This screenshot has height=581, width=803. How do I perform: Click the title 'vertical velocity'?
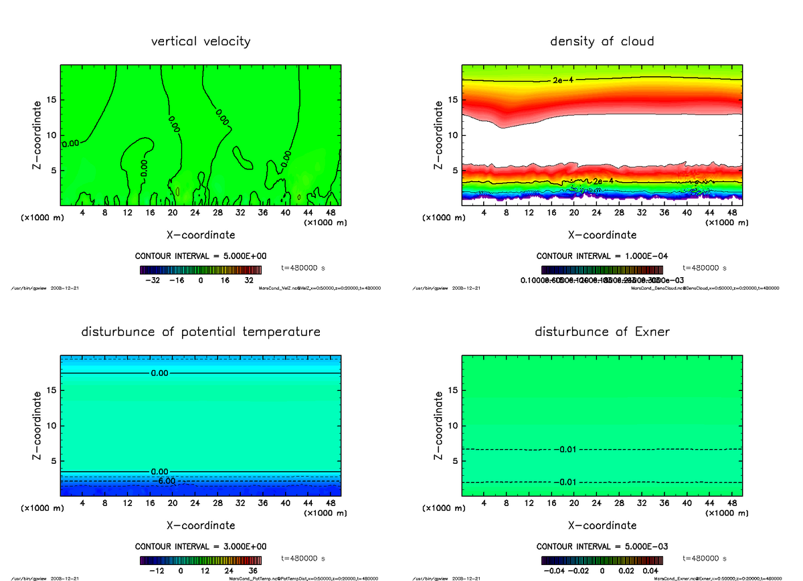[x=201, y=41]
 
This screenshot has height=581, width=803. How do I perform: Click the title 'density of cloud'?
[x=602, y=41]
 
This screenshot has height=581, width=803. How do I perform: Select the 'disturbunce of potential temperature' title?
[x=201, y=332]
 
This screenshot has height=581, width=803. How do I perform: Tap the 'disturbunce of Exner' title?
[x=602, y=332]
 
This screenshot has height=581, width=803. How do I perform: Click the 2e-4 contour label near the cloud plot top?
[x=563, y=80]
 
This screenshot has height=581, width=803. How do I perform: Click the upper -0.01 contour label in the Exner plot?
[x=567, y=449]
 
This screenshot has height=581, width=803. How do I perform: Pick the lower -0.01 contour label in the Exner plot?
[x=567, y=482]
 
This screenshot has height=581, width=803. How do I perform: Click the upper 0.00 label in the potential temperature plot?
[x=159, y=373]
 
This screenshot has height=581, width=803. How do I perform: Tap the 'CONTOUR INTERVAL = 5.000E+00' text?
[x=201, y=256]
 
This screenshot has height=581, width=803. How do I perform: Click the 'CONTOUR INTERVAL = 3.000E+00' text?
[x=201, y=546]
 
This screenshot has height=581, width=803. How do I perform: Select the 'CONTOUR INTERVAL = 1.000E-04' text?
[x=602, y=256]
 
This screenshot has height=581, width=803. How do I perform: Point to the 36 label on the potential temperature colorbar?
[x=253, y=571]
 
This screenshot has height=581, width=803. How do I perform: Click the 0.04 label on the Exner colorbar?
[x=651, y=571]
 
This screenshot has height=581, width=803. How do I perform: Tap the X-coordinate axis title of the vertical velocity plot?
[x=201, y=235]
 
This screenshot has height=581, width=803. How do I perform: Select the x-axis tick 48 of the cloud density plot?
[x=732, y=213]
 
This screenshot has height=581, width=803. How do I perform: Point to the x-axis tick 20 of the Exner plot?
[x=573, y=503]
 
